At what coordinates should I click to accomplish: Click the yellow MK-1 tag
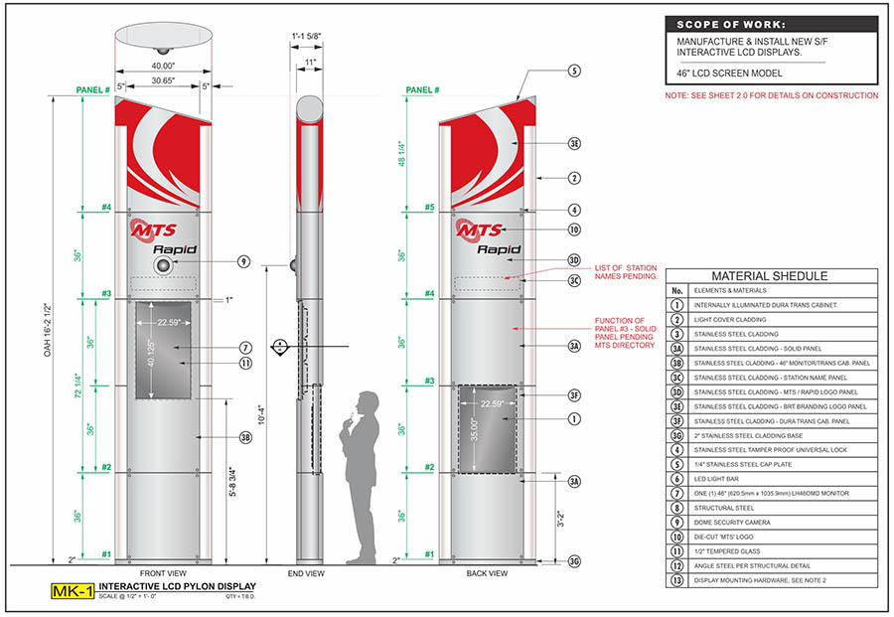[73, 593]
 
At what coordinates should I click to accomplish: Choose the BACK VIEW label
[487, 573]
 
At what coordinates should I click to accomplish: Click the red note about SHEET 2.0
[772, 95]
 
